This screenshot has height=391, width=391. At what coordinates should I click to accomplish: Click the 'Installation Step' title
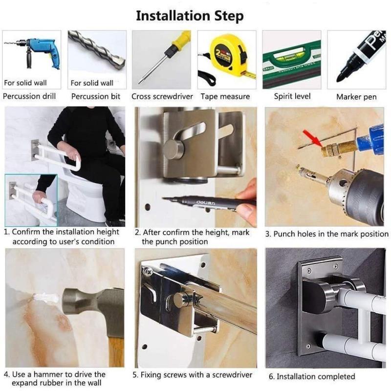(190, 16)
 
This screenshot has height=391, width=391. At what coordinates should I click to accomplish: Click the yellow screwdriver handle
(180, 41)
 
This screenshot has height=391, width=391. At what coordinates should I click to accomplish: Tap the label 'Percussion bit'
(96, 96)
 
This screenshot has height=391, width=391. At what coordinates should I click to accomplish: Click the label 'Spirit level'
(292, 96)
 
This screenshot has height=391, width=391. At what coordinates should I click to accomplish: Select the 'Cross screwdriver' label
(162, 96)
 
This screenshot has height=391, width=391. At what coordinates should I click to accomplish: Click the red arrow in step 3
(313, 138)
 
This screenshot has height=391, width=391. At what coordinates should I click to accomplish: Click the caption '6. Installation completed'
(312, 376)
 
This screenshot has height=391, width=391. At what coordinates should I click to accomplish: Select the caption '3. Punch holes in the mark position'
(326, 234)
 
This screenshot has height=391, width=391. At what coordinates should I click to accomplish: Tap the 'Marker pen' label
(356, 97)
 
